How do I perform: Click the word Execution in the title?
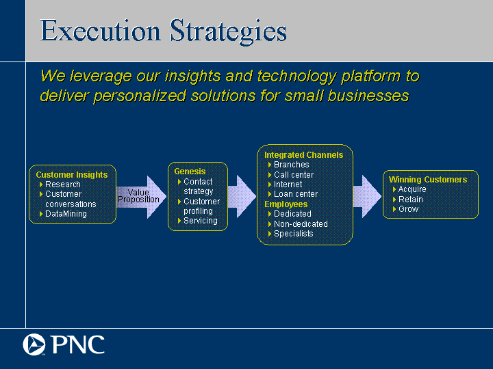click(x=100, y=31)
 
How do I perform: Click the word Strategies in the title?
click(x=228, y=31)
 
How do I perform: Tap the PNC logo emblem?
click(x=34, y=344)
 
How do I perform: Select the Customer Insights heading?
click(x=72, y=175)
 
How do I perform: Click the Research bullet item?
click(x=63, y=184)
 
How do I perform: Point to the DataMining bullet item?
click(x=66, y=214)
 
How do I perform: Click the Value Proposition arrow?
click(x=141, y=197)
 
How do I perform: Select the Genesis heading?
click(x=190, y=172)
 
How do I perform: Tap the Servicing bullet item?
click(x=200, y=221)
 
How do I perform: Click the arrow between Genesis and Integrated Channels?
click(x=242, y=196)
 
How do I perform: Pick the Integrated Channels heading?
click(x=304, y=155)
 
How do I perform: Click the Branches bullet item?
click(x=292, y=165)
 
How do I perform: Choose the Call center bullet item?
click(x=294, y=175)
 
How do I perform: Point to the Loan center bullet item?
click(x=296, y=194)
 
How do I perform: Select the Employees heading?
click(x=286, y=204)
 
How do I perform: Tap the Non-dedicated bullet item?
click(x=301, y=224)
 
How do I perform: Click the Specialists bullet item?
click(x=293, y=234)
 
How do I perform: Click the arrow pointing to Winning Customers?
click(x=367, y=196)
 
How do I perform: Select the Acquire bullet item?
click(x=412, y=189)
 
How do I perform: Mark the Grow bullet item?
click(x=408, y=209)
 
